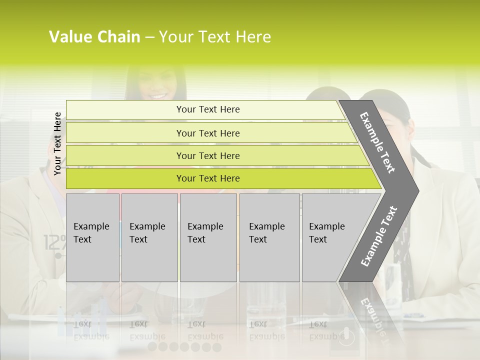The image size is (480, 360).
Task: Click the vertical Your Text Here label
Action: pos(57,143)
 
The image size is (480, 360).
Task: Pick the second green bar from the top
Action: pos(207,133)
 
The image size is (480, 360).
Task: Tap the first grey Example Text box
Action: pos(92,237)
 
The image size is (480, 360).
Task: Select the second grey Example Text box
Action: pos(149,237)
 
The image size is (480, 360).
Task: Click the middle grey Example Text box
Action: pos(208,237)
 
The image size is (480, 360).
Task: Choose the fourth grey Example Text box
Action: pos(269,237)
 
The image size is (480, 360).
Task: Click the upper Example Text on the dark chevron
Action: pos(377,142)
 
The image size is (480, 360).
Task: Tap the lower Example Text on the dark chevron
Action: pos(379,236)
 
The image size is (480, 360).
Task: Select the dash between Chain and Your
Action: pos(149,37)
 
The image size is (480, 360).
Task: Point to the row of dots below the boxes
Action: pos(184,347)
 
